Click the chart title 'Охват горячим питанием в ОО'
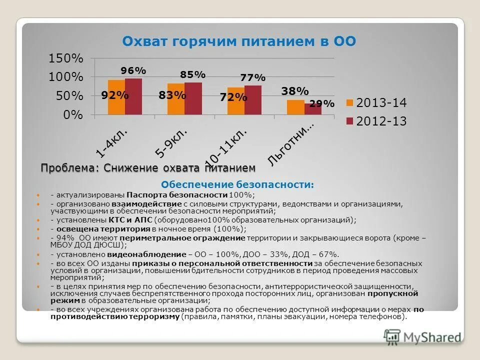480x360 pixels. click(x=239, y=41)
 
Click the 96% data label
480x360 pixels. click(x=133, y=71)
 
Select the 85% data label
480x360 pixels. click(x=193, y=74)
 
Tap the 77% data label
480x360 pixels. click(x=253, y=77)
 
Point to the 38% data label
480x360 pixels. click(x=295, y=91)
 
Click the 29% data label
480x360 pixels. click(x=322, y=103)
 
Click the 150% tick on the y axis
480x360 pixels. click(x=65, y=58)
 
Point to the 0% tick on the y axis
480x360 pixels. click(x=73, y=115)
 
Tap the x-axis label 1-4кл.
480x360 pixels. click(x=112, y=142)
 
